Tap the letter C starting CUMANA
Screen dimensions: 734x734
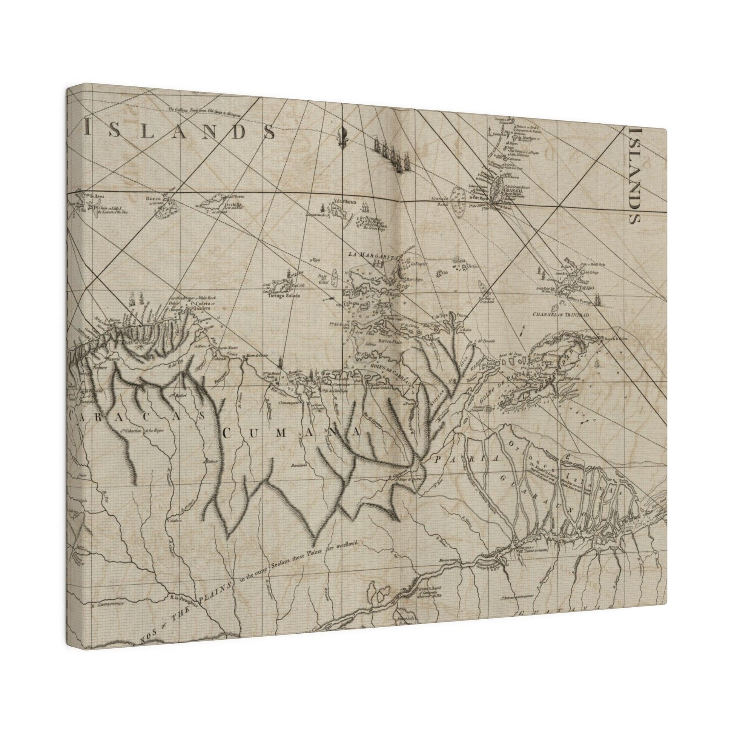tap(227, 432)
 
